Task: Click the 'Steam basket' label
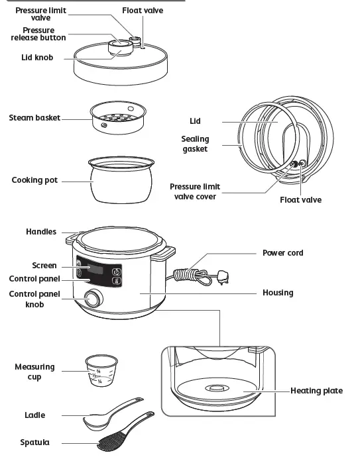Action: tap(34, 118)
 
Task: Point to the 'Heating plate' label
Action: tap(316, 391)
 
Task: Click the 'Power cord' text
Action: tap(283, 253)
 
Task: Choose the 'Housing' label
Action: tap(278, 292)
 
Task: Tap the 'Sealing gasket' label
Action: tap(195, 144)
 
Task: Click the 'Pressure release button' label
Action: tap(38, 34)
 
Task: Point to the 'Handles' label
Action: tap(41, 232)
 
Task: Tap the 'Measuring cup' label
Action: tap(35, 372)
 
